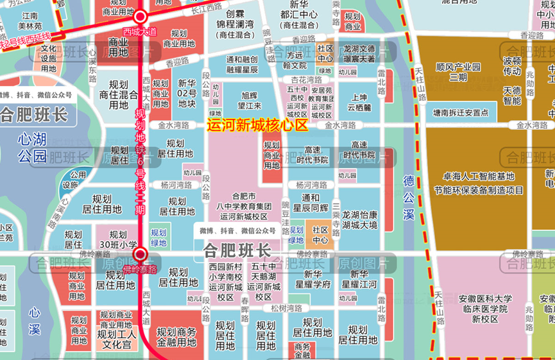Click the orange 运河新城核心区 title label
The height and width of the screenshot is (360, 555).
[x=257, y=126]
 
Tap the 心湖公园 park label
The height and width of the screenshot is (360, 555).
[x=32, y=147]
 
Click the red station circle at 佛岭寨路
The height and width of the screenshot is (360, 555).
[x=140, y=255]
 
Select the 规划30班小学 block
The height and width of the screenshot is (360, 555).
[x=118, y=239]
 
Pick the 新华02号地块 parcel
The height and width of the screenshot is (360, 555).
[x=187, y=93]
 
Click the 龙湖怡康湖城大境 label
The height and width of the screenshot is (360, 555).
[x=359, y=220]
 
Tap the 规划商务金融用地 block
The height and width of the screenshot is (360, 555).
[x=178, y=338]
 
